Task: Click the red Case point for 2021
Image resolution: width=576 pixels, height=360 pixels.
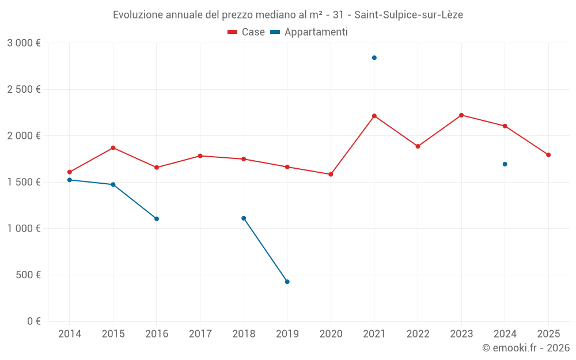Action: (374, 116)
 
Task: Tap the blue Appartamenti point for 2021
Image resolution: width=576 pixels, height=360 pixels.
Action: (374, 58)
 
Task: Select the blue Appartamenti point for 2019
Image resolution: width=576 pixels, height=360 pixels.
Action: (287, 282)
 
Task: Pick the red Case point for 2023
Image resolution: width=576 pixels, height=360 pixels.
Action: (461, 115)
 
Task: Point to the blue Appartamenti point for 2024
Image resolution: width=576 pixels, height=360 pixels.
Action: (505, 164)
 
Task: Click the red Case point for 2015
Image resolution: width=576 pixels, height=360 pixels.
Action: (113, 148)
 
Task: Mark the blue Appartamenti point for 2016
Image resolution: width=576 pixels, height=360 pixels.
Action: (157, 219)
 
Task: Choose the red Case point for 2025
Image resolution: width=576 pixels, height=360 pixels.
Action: (548, 155)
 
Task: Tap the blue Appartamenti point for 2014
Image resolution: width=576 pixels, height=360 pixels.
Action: (70, 180)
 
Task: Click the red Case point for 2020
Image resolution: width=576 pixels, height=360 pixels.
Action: (331, 175)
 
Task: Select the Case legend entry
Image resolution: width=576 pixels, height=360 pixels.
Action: (247, 32)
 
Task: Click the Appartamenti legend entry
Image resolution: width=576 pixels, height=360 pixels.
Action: (309, 32)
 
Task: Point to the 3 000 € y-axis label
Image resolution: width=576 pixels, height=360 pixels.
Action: (24, 43)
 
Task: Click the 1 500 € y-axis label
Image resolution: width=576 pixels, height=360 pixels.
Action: (24, 182)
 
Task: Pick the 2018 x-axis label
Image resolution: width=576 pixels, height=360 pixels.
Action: (244, 334)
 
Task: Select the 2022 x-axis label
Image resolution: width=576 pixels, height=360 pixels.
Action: (418, 334)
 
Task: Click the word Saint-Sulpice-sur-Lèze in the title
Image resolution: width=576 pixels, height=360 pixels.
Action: (408, 14)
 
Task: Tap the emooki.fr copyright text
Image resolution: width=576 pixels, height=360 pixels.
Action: (526, 348)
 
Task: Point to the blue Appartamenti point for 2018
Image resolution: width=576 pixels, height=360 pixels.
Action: (244, 218)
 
